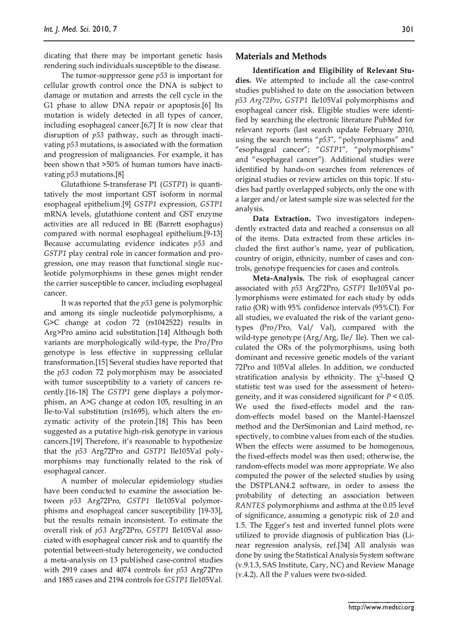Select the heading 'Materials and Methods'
[x=281, y=57]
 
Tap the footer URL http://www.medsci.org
[x=381, y=607]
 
